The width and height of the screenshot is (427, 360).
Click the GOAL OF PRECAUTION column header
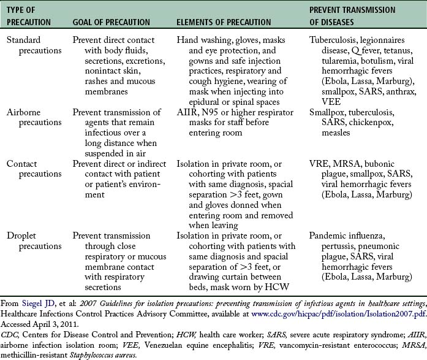pos(111,22)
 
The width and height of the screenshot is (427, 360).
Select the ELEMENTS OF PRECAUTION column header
pos(224,22)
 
